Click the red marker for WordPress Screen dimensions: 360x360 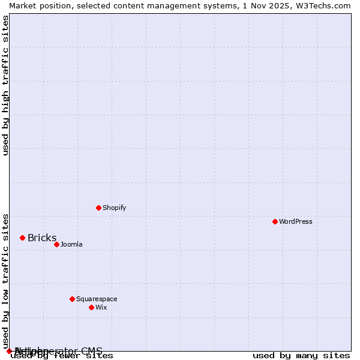point(275,221)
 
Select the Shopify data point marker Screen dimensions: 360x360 point(98,208)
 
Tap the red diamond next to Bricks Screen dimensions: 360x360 point(22,238)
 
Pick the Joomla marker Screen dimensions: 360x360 point(56,244)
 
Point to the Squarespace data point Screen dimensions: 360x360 point(72,299)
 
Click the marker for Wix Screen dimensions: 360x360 point(91,307)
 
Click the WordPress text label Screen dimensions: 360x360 point(296,221)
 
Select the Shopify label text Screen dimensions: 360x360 point(114,208)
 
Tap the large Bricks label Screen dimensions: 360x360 point(42,238)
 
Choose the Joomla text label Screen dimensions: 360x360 point(71,244)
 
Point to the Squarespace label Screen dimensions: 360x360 point(97,299)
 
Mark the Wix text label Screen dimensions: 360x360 point(101,307)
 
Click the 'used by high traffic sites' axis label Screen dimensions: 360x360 point(6,85)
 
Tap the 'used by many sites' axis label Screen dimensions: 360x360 point(301,356)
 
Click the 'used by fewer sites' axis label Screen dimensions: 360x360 point(62,356)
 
